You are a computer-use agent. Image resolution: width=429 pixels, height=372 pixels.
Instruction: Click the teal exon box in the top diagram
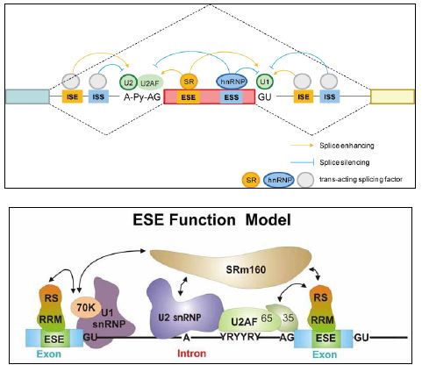27,97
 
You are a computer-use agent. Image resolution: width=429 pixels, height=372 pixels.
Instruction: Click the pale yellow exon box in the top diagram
392,97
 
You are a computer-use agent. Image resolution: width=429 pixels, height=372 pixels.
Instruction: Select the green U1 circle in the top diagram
265,82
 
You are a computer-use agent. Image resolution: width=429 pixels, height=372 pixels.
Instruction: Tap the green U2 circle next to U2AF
128,82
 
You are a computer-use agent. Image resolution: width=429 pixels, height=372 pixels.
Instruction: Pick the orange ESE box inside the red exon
188,97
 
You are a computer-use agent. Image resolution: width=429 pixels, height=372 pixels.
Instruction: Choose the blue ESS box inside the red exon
232,97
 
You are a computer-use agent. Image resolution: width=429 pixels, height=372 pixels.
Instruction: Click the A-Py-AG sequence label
142,97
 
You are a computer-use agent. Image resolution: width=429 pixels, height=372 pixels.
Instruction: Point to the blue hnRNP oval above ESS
232,82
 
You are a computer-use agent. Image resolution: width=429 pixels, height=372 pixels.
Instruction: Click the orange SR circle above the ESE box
189,81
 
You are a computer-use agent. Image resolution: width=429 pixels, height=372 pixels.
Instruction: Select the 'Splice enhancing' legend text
347,146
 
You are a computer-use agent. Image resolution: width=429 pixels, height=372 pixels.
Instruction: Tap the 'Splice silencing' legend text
345,162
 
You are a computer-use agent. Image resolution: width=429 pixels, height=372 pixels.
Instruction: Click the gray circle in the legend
305,180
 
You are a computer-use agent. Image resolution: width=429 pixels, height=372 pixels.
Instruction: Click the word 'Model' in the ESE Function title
268,219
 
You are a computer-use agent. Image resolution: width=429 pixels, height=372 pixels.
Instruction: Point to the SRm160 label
246,269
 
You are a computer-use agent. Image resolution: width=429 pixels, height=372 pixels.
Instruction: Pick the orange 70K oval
86,308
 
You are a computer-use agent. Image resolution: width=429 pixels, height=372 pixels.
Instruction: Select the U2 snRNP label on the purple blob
180,318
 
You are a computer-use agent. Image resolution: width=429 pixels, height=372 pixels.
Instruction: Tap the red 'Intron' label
191,354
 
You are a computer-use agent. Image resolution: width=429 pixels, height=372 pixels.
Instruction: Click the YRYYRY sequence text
240,337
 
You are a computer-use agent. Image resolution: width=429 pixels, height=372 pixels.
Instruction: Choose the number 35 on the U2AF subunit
288,318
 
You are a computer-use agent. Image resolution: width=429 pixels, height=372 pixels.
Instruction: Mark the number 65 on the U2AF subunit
267,318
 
